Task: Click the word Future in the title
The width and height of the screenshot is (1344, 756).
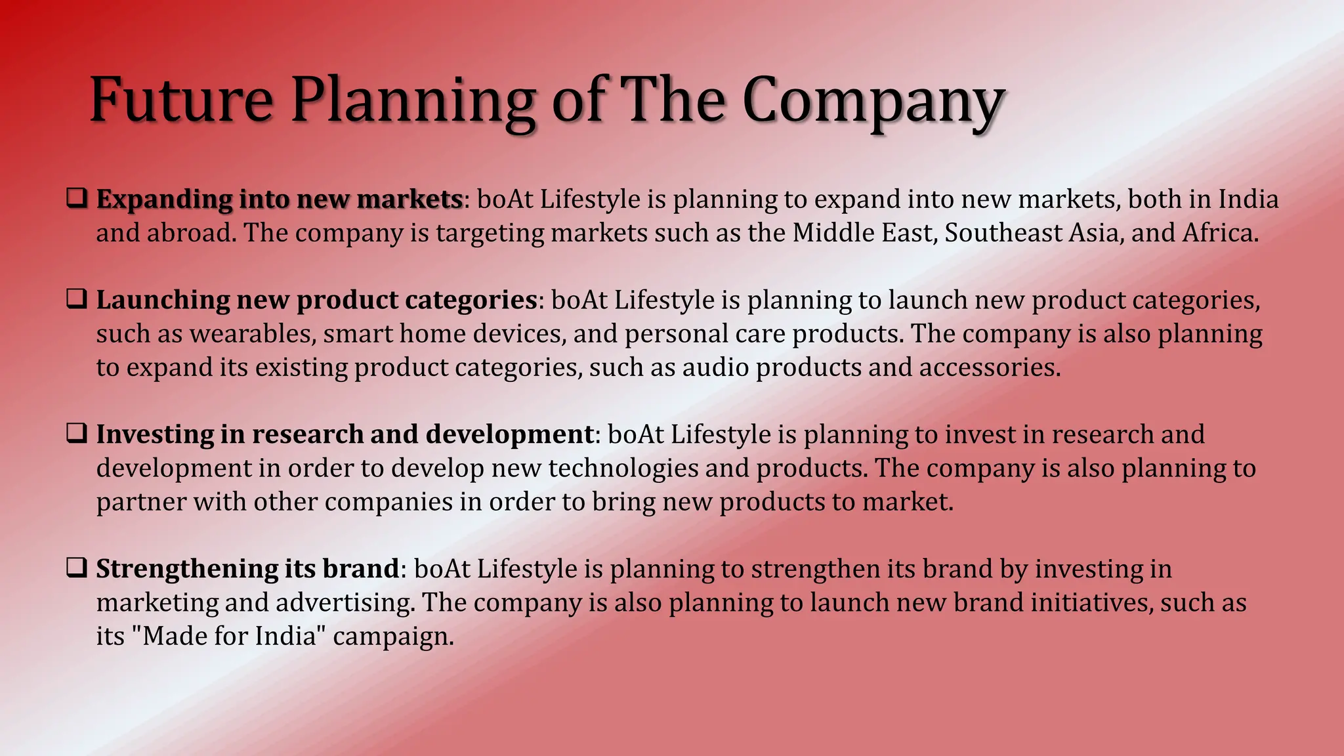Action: (180, 100)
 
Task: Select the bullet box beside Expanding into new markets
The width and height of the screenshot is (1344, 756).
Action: (77, 198)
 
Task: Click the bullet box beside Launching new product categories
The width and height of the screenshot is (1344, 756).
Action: (77, 299)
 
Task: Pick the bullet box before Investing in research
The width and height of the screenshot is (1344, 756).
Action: (77, 434)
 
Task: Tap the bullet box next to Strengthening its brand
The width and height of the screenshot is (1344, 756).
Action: (77, 568)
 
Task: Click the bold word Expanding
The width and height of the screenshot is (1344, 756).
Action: (164, 199)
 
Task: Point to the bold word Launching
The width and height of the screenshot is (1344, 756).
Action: (163, 301)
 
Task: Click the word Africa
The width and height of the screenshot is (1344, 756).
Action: (1220, 233)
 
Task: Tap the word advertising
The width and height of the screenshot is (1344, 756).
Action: (345, 603)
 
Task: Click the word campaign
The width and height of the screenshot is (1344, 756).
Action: (393, 637)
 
